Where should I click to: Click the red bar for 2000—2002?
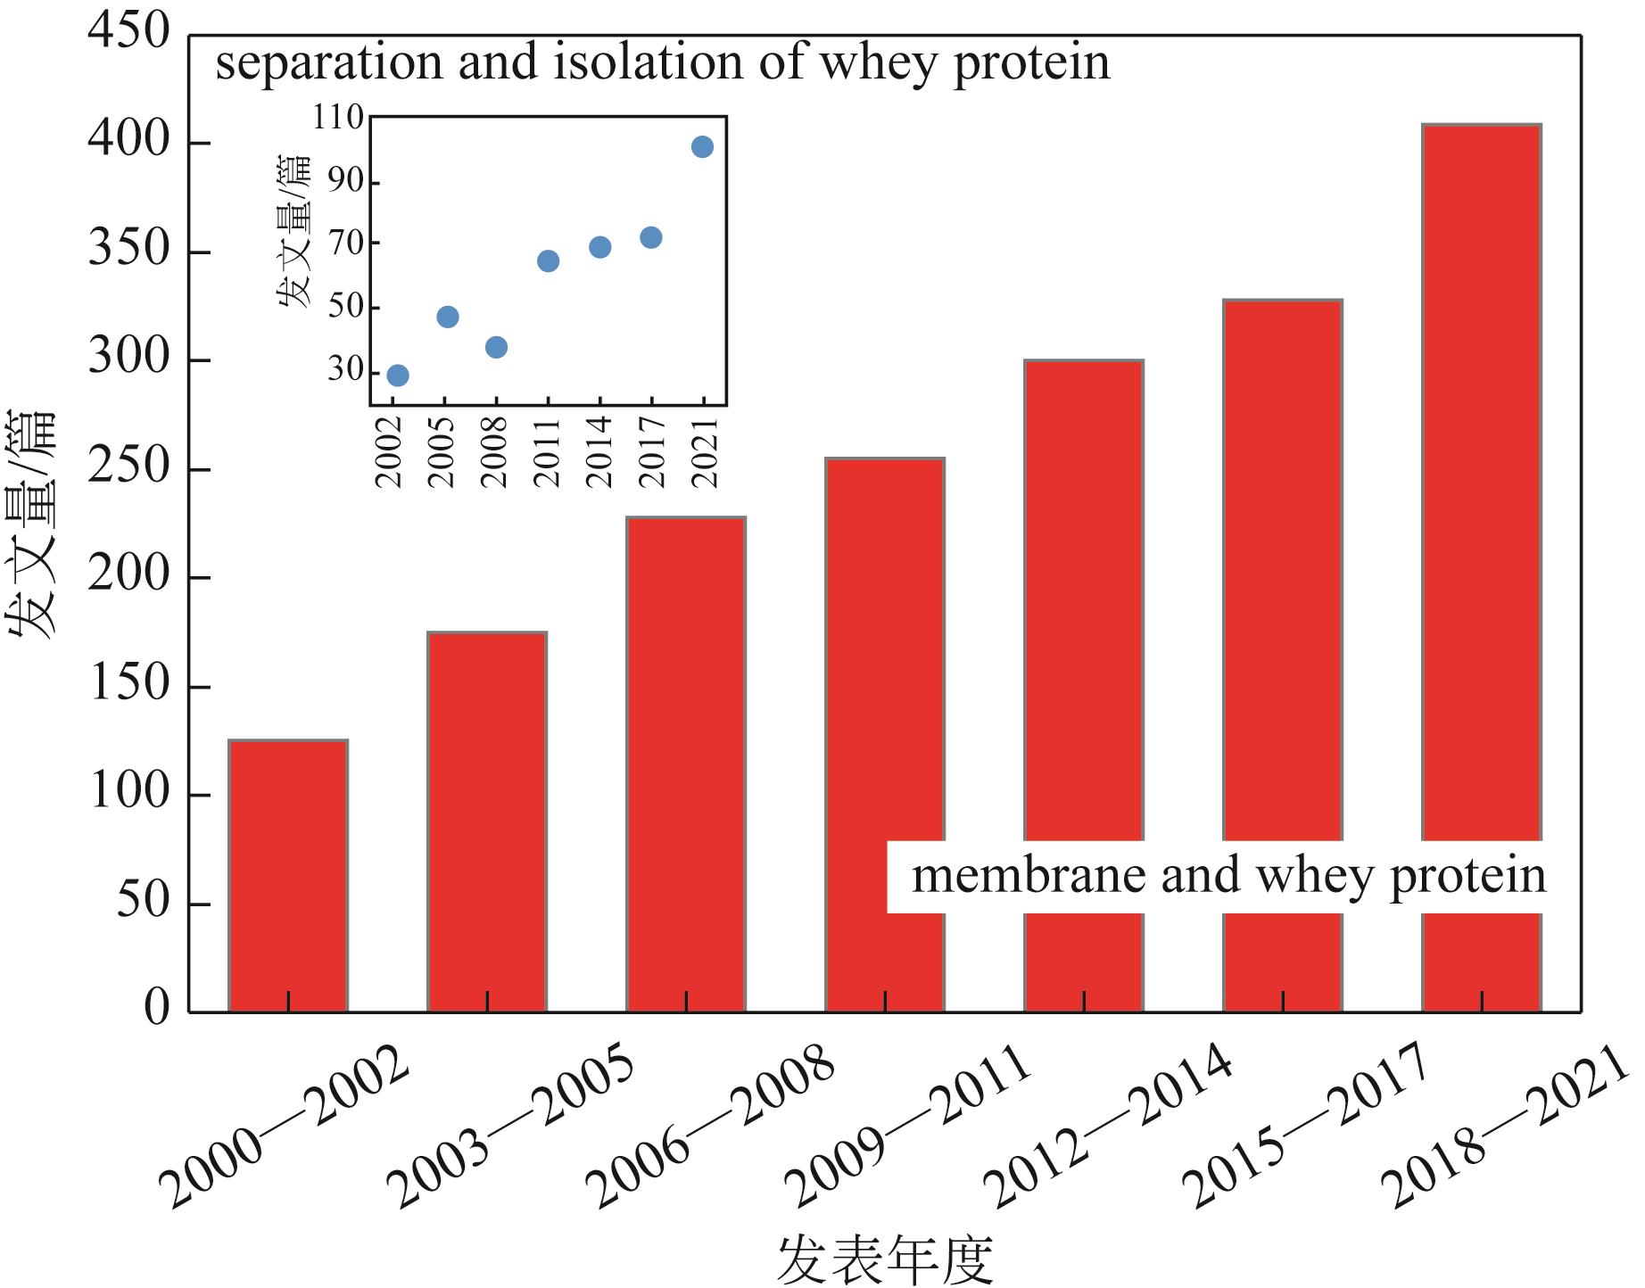pos(288,875)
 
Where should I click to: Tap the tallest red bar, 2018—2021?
pos(1482,482)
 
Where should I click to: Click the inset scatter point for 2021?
pos(702,147)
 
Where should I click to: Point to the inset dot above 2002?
pos(398,376)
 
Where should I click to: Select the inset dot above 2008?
pos(497,347)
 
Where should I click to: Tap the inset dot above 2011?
pos(549,261)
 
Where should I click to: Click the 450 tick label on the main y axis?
pos(128,32)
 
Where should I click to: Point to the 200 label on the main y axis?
pos(128,575)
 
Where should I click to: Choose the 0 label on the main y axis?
pos(156,1009)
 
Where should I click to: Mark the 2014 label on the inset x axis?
pos(600,451)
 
